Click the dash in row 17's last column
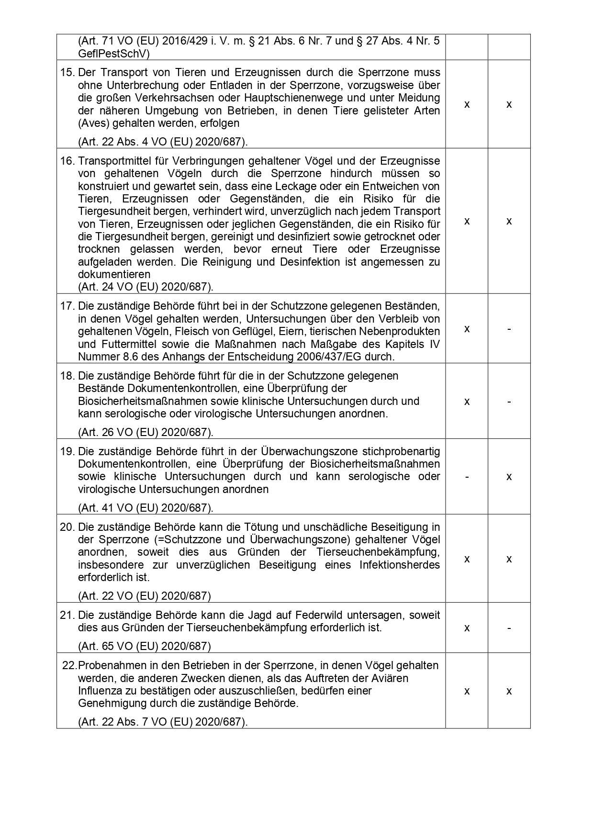tap(509, 329)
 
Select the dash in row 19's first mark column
tap(467, 477)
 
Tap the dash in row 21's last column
tap(509, 627)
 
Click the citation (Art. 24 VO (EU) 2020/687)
tap(146, 287)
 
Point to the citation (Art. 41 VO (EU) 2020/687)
tap(146, 508)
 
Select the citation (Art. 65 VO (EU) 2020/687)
tap(144, 646)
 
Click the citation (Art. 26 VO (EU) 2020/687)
tap(146, 432)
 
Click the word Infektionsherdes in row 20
tap(399, 565)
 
